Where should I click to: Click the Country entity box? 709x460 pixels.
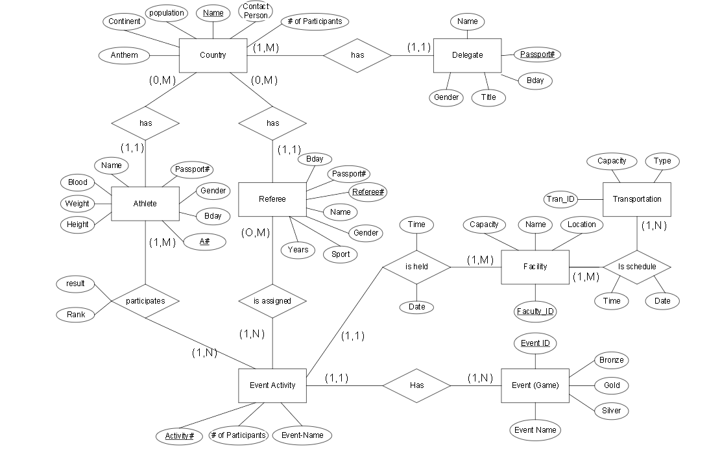coord(213,55)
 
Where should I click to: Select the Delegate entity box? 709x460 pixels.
coord(467,55)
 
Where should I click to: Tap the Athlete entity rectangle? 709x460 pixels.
coord(145,204)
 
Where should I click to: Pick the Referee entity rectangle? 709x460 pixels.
coord(272,199)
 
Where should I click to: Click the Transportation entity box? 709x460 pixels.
coord(636,199)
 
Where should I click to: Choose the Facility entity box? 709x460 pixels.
coord(535,267)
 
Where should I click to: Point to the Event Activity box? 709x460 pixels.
coord(272,385)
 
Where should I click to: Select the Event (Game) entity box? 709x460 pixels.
coord(535,385)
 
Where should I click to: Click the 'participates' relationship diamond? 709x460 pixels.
coord(145,301)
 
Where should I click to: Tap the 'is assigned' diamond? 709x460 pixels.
coord(272,301)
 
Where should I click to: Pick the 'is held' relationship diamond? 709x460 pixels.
coord(416,267)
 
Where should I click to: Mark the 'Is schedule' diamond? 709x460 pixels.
coord(636,267)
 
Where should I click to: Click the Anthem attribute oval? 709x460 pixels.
coord(124,55)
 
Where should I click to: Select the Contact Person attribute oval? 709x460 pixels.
coord(256,11)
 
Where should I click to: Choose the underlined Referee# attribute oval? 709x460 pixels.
coord(368,192)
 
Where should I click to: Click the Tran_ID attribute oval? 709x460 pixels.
coord(560,199)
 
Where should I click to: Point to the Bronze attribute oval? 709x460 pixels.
coord(611,360)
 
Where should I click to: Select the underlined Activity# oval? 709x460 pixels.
coord(179,436)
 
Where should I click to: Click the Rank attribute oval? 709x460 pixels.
coord(76,315)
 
